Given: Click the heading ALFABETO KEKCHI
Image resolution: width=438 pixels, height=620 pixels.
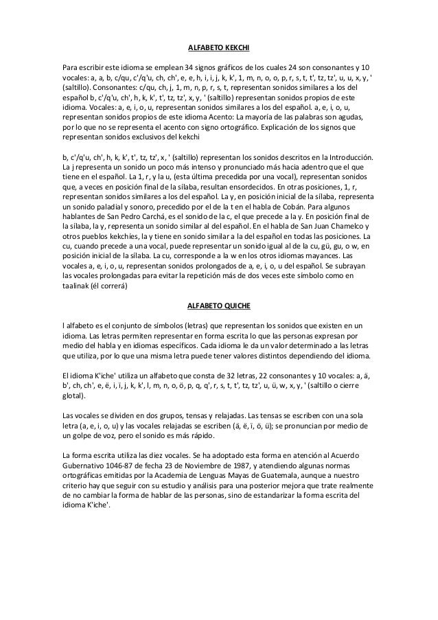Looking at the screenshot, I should [x=218, y=49].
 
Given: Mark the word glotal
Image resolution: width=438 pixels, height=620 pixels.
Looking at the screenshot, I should [x=72, y=395].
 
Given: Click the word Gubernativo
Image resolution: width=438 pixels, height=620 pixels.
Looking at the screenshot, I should [x=84, y=464].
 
